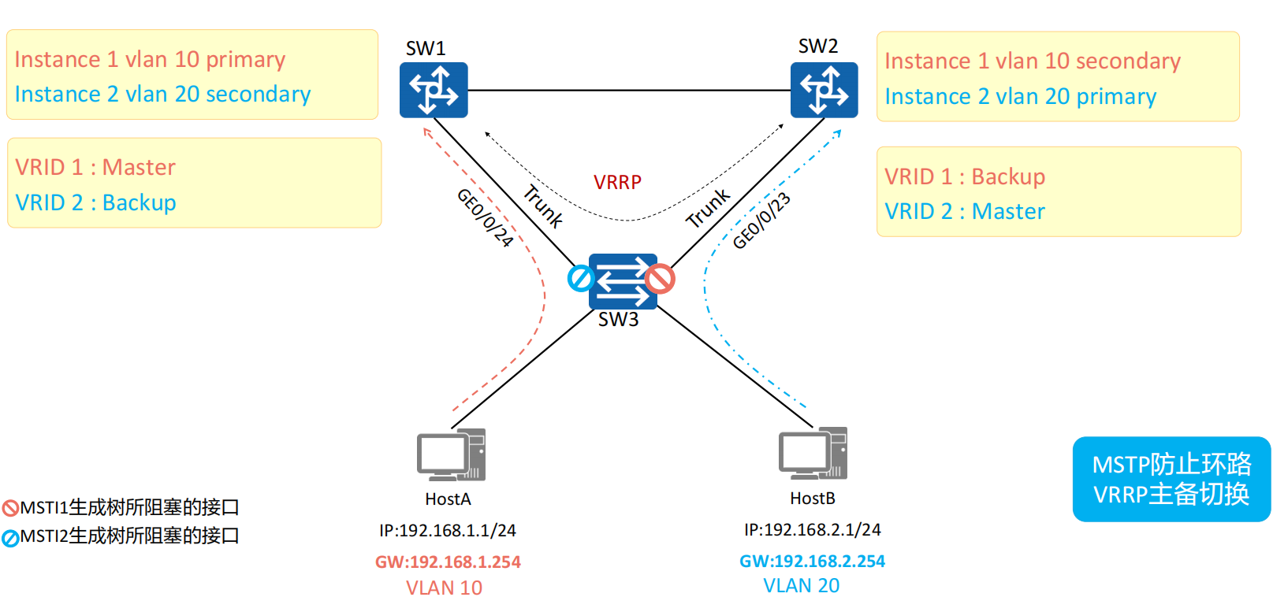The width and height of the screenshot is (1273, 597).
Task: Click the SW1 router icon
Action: tap(434, 90)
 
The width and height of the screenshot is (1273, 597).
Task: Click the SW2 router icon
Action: tap(824, 90)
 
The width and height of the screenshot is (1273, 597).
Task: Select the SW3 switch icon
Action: tap(622, 280)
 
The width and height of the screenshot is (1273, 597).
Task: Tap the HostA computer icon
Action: tap(451, 454)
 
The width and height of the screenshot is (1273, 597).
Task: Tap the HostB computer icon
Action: tap(813, 453)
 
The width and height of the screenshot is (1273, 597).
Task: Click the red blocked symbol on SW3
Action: tap(660, 278)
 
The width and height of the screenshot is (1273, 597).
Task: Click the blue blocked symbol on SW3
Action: tap(581, 278)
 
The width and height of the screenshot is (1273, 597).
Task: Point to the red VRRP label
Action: tap(617, 183)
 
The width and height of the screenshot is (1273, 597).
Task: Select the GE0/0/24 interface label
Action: tap(485, 218)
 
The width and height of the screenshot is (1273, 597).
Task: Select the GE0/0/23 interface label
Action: tap(761, 221)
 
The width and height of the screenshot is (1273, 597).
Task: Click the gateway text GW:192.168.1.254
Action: tap(448, 562)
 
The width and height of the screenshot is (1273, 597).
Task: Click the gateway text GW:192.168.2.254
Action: tap(812, 562)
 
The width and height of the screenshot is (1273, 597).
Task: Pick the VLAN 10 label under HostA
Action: tap(444, 588)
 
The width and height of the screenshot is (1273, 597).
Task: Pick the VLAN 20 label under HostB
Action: tap(801, 586)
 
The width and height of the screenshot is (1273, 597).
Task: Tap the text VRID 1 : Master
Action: tap(95, 168)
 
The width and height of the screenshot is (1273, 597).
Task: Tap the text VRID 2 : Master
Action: tap(965, 212)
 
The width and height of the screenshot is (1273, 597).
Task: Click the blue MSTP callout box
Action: tap(1171, 479)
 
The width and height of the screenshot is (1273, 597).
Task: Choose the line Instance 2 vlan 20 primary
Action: tap(1020, 97)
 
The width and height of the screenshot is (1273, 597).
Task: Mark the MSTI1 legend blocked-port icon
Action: tap(10, 508)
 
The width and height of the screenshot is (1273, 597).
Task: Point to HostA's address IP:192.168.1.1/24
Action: tap(448, 531)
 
